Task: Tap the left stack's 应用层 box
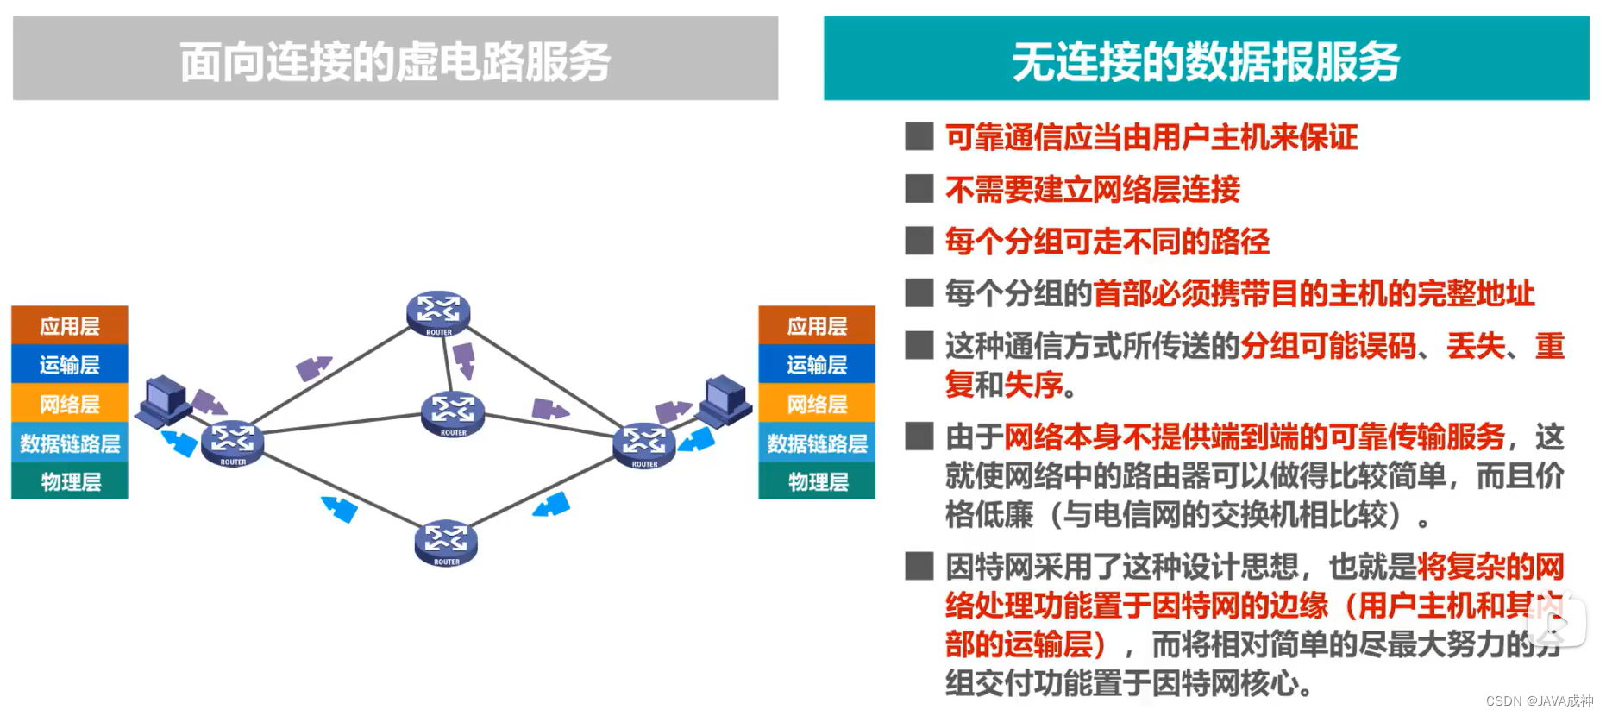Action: coord(70,326)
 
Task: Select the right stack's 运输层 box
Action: coord(817,365)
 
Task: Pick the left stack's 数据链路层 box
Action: coord(70,443)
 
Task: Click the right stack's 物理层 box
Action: coord(817,481)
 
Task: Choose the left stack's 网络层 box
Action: coord(70,404)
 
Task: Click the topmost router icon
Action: coord(438,313)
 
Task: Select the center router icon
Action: coord(453,413)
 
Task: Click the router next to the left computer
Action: coord(232,443)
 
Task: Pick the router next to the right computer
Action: coord(643,445)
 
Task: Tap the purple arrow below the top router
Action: coord(464,360)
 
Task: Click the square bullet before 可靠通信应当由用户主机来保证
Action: coord(919,136)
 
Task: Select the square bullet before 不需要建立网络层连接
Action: coord(919,189)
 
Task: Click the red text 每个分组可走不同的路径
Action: coord(1107,242)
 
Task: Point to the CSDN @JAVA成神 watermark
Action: coord(1539,700)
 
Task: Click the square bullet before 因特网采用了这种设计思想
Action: coord(919,567)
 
